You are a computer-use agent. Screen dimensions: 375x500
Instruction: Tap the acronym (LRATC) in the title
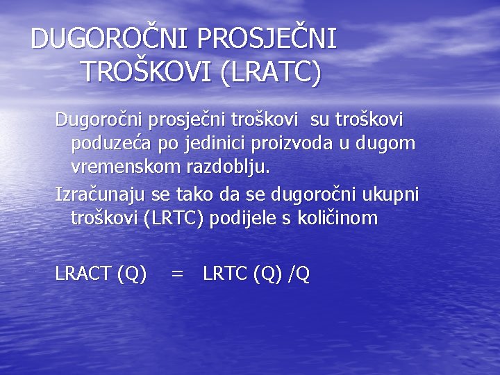270,72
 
